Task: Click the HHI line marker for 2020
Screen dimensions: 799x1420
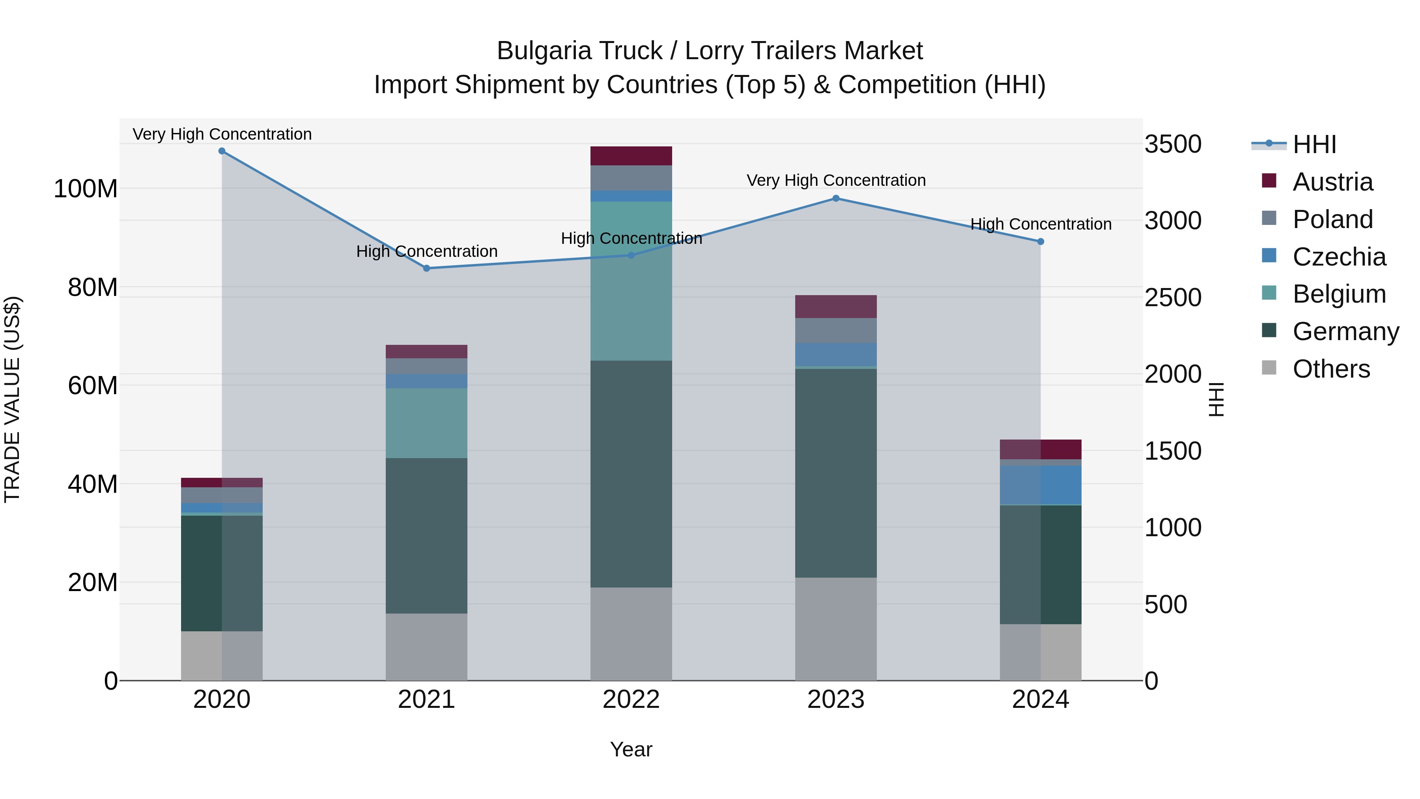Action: pos(222,151)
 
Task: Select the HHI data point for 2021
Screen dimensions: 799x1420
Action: pos(427,269)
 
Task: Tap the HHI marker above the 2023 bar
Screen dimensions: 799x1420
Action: pos(836,198)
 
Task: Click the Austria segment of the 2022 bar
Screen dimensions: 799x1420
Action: pos(631,156)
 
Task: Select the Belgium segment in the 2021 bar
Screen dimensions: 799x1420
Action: pos(427,423)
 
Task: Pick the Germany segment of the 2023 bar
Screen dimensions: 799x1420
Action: pos(836,473)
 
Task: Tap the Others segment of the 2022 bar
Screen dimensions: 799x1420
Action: pos(631,634)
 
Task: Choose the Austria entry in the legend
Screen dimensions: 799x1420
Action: pos(1332,182)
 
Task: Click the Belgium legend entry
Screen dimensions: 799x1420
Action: pos(1339,294)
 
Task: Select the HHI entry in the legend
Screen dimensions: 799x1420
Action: pos(1314,144)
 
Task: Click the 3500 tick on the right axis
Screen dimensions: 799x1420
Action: pos(1173,144)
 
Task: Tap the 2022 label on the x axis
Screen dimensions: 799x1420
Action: pos(631,700)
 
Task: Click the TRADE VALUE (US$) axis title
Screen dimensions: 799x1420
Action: pos(12,399)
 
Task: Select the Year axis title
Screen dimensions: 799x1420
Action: pos(631,749)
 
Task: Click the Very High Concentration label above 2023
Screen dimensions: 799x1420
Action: pos(836,180)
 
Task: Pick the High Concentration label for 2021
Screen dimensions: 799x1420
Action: pos(427,251)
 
